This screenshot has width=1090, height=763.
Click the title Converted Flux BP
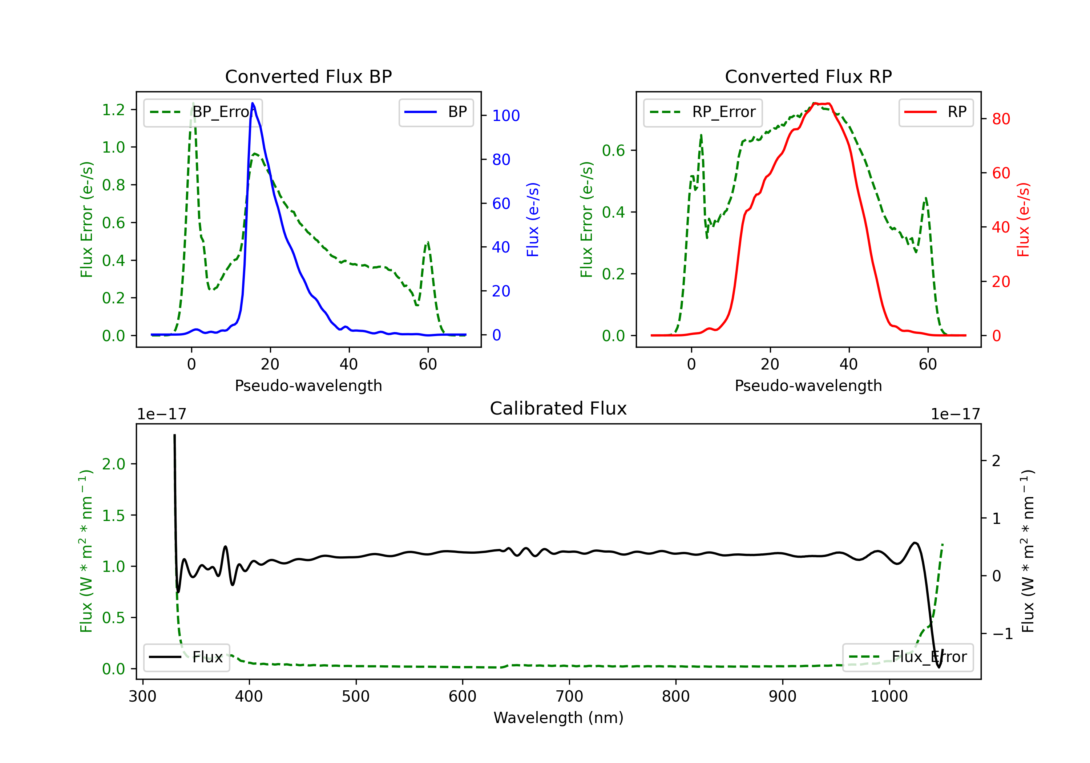pos(308,76)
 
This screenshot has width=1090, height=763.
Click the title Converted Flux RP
pos(808,76)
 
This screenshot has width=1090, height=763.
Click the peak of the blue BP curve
pos(253,103)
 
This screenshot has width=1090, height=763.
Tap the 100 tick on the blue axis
pos(506,116)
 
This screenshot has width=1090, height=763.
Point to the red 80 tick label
pos(1001,119)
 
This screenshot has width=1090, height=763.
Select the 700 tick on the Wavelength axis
pos(569,697)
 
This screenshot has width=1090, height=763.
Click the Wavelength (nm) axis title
pos(558,718)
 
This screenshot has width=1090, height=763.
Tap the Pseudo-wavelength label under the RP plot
pos(808,385)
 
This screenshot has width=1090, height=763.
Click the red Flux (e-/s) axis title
pos(1023,219)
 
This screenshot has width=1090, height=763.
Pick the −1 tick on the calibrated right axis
pos(1002,634)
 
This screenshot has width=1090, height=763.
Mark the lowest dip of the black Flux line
pos(938,667)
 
